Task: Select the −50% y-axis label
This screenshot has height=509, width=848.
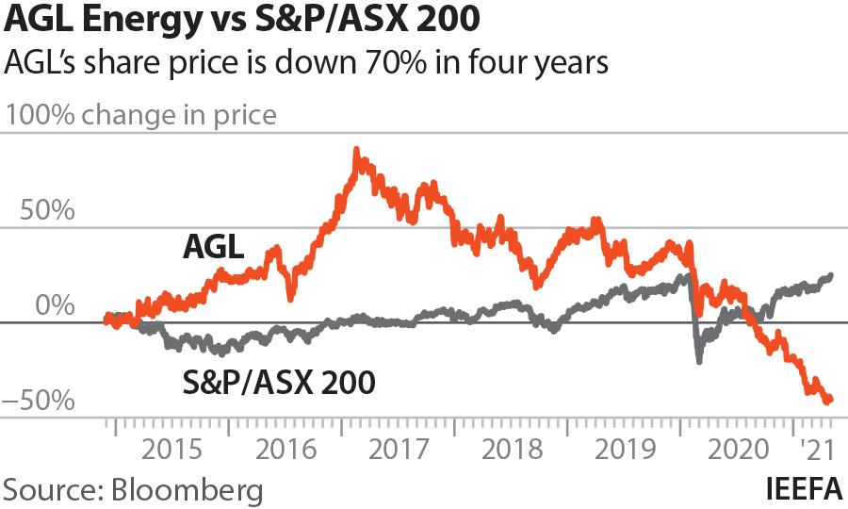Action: (x=40, y=401)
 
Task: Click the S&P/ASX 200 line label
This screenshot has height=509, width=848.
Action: (x=277, y=383)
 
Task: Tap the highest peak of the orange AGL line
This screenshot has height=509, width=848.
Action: (x=355, y=150)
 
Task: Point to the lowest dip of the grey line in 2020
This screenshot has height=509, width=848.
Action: (x=698, y=361)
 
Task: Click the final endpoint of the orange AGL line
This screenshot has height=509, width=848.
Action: (x=830, y=400)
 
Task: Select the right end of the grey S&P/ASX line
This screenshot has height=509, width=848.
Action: (x=831, y=275)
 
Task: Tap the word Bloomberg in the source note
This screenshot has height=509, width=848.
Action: (x=187, y=490)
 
